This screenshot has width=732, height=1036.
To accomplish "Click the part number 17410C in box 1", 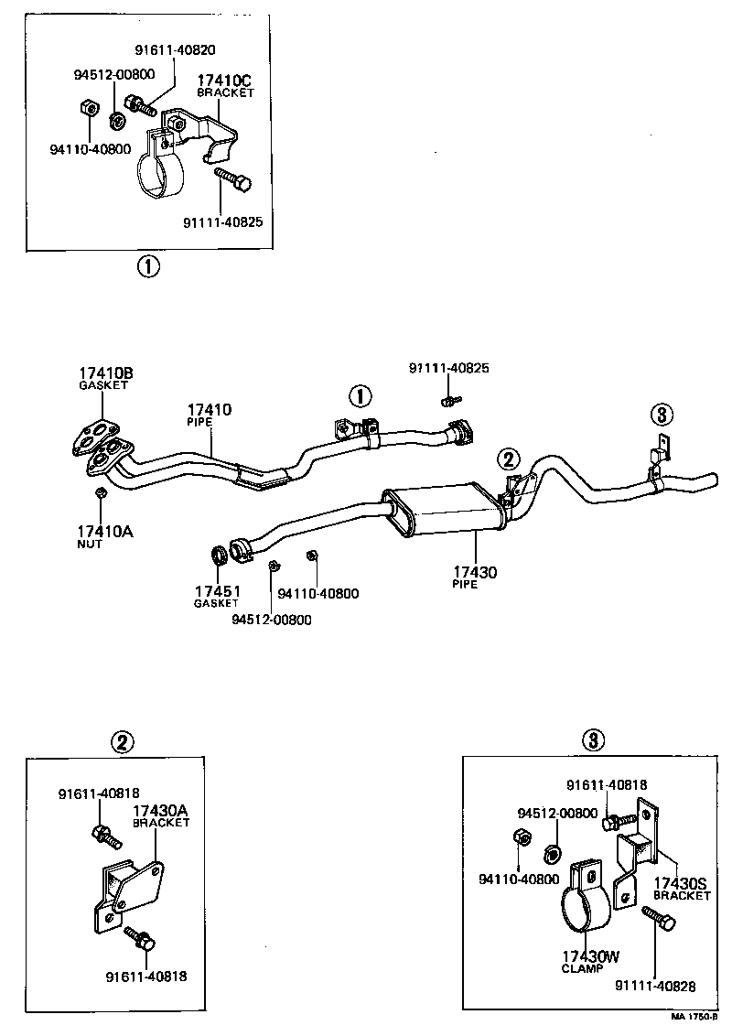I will tap(225, 81).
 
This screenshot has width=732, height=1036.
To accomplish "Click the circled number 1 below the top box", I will tap(148, 266).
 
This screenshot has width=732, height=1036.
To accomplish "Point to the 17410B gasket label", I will tap(105, 373).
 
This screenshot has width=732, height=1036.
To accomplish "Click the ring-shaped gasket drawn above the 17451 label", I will tap(221, 555).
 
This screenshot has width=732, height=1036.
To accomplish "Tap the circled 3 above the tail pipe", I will tap(662, 415).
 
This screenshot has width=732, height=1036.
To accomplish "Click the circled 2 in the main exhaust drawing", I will tap(508, 459).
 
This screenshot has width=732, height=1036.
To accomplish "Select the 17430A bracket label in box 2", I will tap(161, 811).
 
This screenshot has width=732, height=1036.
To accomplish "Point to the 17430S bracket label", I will tap(681, 884).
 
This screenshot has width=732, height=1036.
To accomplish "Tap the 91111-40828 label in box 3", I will tap(656, 986).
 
